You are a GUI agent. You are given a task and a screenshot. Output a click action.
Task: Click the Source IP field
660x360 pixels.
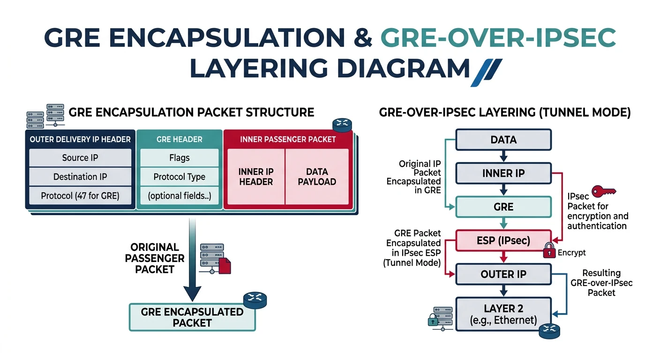(80, 158)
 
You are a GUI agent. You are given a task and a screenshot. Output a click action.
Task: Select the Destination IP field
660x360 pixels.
(80, 177)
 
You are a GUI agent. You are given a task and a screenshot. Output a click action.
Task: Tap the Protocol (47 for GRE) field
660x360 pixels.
(80, 196)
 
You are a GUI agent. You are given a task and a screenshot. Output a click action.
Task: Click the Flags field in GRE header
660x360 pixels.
(180, 158)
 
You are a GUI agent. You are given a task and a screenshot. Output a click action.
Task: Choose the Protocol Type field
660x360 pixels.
(180, 177)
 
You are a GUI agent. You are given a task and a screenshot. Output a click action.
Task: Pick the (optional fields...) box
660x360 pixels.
(180, 196)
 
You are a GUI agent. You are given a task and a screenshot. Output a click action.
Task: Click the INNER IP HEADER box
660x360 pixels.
(256, 176)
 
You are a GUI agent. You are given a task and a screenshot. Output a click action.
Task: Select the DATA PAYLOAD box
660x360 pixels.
(317, 176)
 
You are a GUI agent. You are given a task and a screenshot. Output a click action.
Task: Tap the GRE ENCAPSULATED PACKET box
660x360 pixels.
(192, 317)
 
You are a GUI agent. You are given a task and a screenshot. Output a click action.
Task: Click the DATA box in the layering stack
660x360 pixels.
(503, 140)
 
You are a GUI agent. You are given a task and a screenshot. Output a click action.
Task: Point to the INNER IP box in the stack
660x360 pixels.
(503, 173)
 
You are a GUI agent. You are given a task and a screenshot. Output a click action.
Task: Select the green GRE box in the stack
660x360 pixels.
(503, 207)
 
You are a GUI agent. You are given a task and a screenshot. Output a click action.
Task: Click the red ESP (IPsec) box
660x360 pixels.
(503, 241)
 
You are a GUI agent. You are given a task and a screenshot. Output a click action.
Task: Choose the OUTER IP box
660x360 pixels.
(503, 274)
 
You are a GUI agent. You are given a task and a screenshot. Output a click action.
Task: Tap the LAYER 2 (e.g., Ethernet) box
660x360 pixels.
(503, 314)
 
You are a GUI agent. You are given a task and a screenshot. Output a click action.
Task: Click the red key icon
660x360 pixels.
(604, 191)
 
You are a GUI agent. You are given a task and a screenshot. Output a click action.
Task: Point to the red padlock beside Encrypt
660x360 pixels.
(549, 251)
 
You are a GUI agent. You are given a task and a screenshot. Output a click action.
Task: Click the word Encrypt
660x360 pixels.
(571, 253)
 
